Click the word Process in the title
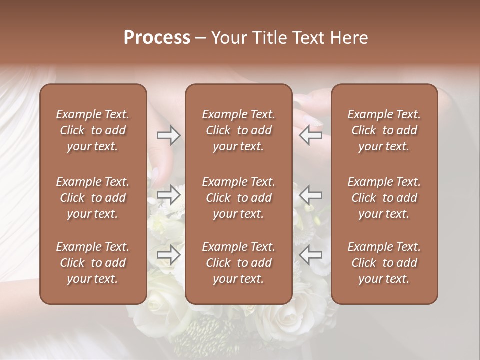[x=157, y=38]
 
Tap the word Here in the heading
[x=348, y=38]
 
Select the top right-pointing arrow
[x=168, y=135]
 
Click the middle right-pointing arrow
[x=168, y=195]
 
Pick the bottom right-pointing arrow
[x=168, y=255]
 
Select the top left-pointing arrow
[x=310, y=135]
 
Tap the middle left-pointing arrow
[x=310, y=195]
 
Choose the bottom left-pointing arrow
[x=310, y=255]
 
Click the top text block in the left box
[x=93, y=130]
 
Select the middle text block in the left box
[x=93, y=198]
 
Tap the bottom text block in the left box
[x=93, y=263]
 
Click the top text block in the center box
[x=239, y=130]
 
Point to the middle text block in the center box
[x=239, y=198]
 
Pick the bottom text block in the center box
[x=239, y=263]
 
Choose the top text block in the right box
[x=384, y=130]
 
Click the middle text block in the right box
[x=384, y=198]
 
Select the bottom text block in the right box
[x=384, y=263]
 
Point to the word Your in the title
[x=229, y=38]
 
